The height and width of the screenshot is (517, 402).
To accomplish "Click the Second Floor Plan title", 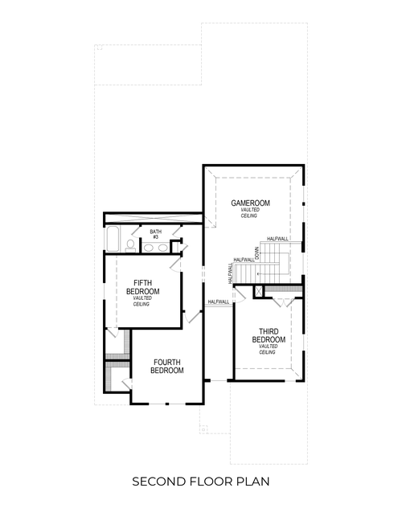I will pyautogui.click(x=201, y=482).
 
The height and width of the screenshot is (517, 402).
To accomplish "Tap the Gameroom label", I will pyautogui.click(x=250, y=203).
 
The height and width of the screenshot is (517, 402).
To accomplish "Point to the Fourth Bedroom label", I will pyautogui.click(x=168, y=367).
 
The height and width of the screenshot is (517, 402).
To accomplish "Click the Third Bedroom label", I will pyautogui.click(x=268, y=335).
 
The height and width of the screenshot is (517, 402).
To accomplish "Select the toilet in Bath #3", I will pyautogui.click(x=130, y=244).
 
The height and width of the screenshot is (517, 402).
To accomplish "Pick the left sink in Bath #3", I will pyautogui.click(x=150, y=247).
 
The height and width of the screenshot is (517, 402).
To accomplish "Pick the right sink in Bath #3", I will pyautogui.click(x=165, y=247).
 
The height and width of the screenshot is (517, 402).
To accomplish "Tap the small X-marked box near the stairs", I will pyautogui.click(x=259, y=291).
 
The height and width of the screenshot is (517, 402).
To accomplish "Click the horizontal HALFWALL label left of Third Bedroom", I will pyautogui.click(x=218, y=302).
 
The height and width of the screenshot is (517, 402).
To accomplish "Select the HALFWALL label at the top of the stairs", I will pyautogui.click(x=278, y=239).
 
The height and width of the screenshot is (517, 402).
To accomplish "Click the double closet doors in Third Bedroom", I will pyautogui.click(x=285, y=302).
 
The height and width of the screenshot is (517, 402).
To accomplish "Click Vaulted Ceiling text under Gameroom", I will pyautogui.click(x=250, y=214).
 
